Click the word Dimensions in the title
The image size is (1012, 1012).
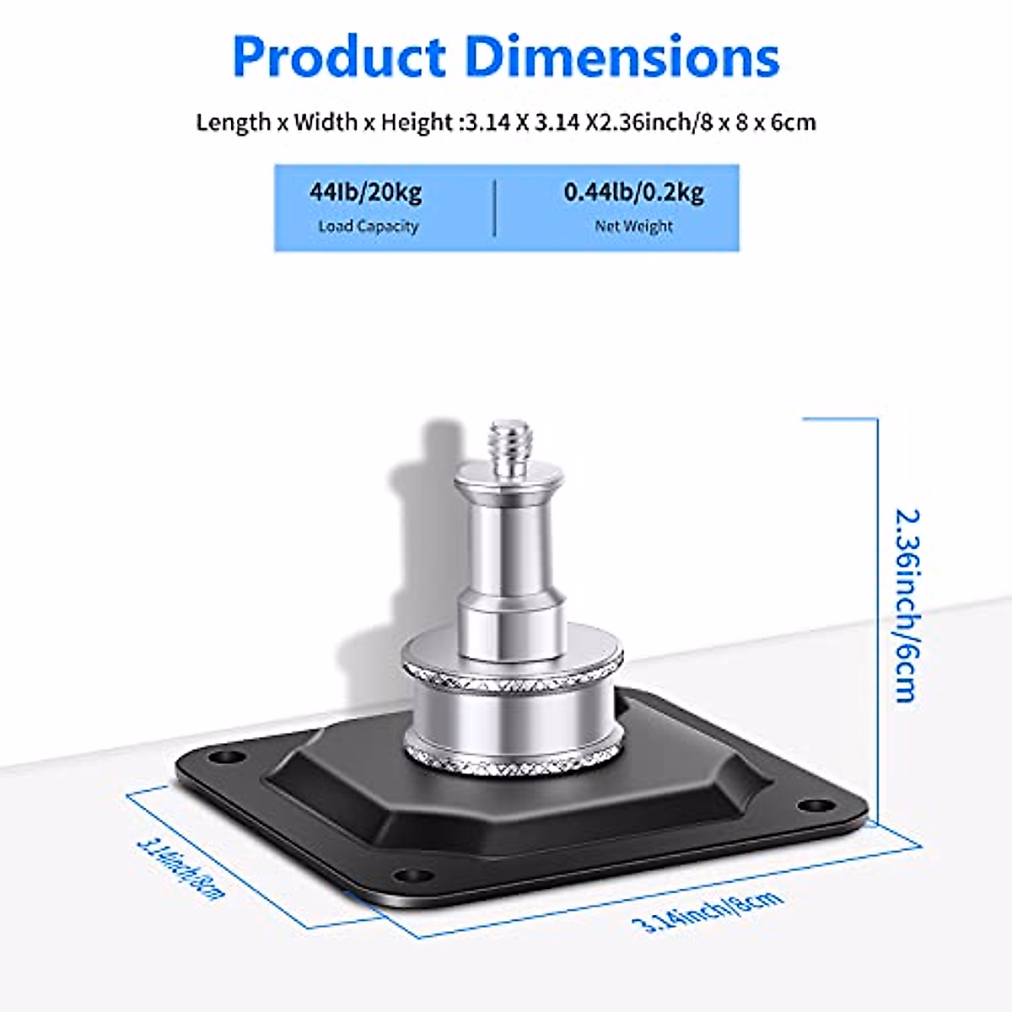pos(622,57)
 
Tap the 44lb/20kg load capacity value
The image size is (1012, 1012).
pos(365,192)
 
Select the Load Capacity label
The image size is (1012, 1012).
pos(368,226)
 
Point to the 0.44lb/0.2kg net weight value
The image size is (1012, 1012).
pos(633,192)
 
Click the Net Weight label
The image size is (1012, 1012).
pos(633,226)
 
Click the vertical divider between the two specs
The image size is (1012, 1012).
pos(495,207)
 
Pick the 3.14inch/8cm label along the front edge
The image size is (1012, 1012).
pos(708,911)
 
